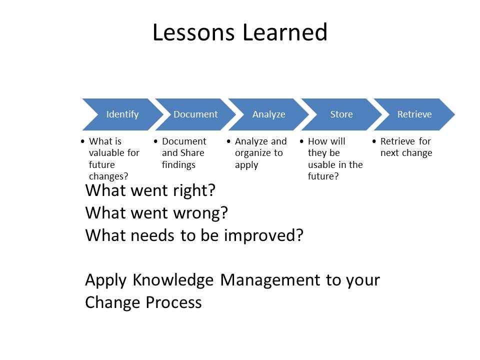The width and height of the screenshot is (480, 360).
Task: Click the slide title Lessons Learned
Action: (239, 32)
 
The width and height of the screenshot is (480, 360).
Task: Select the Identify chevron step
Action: (122, 114)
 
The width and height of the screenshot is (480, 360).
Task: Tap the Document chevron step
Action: (195, 114)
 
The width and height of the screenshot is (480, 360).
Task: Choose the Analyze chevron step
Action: (268, 114)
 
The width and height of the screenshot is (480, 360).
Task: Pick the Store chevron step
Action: (341, 114)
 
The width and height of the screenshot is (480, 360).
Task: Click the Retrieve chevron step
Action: (414, 114)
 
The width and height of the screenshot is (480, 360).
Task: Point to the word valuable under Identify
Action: (114, 153)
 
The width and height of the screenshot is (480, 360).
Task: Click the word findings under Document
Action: (178, 165)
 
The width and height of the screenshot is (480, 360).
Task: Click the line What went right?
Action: (150, 190)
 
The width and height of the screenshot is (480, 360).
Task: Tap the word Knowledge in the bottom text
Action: (174, 280)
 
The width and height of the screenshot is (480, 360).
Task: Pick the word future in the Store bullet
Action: (320, 176)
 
